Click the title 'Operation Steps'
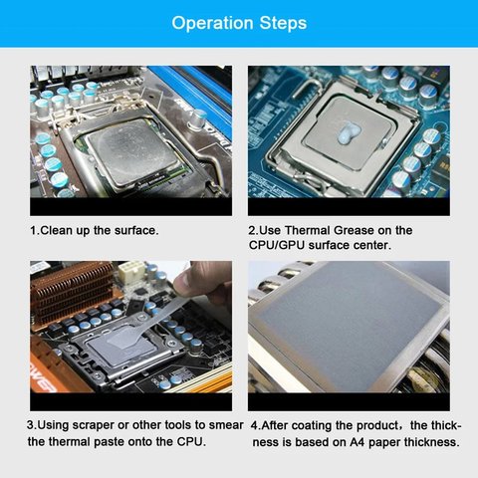pos(239,23)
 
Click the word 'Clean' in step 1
pos(61,230)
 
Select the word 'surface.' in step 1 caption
pos(132,230)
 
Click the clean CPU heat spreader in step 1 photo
pos(127,151)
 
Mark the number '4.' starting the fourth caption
pos(255,424)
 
